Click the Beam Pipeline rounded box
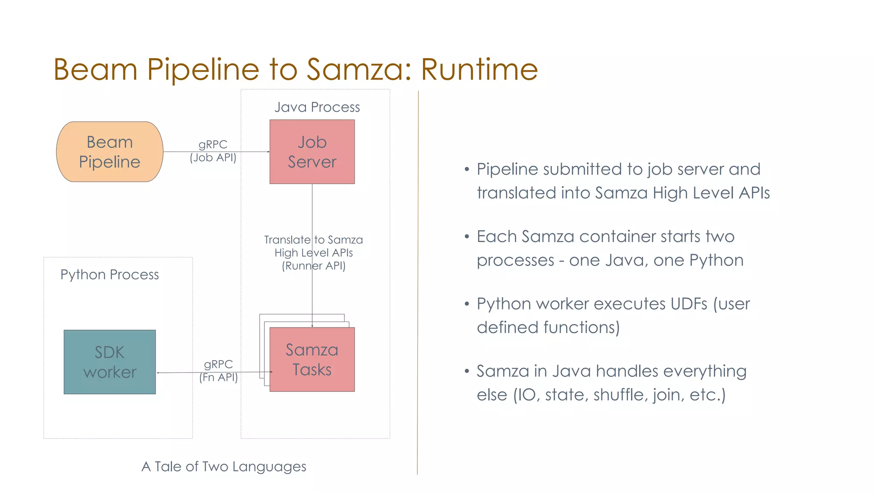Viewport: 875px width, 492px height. click(x=109, y=152)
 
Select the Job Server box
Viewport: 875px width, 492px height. click(x=312, y=152)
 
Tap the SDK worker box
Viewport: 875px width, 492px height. click(x=109, y=362)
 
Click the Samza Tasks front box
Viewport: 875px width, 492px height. click(x=312, y=359)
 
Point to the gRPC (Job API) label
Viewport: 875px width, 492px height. click(x=213, y=151)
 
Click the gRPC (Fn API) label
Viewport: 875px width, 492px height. click(x=218, y=370)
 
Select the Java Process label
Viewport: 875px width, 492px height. click(x=317, y=107)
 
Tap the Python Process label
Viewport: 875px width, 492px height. click(x=109, y=274)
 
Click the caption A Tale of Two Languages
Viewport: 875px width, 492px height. click(x=224, y=466)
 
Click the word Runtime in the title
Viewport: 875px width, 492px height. click(x=479, y=69)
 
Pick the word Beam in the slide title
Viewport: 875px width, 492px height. click(x=95, y=69)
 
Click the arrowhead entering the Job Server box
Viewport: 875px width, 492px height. click(x=268, y=152)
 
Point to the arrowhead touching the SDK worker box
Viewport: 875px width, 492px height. click(x=158, y=373)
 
